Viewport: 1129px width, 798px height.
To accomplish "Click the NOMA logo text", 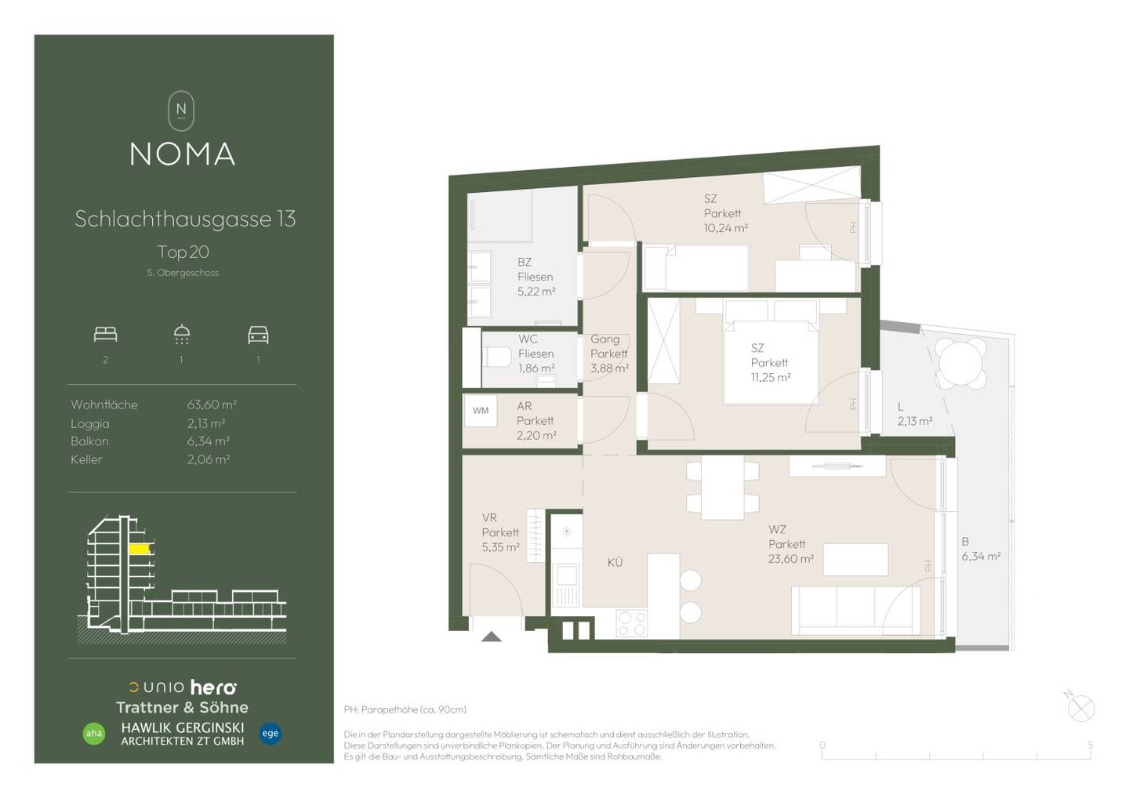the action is click(x=183, y=154).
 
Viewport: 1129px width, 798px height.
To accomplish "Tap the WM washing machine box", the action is click(x=481, y=411).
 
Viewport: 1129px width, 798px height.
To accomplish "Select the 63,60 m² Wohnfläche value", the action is click(x=212, y=404).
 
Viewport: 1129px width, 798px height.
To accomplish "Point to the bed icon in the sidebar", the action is click(x=105, y=335).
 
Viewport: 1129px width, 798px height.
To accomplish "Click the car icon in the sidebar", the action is click(x=258, y=335).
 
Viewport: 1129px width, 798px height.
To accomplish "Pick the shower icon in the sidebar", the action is click(x=181, y=335).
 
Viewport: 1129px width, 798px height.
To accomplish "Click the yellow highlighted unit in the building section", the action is click(x=140, y=549).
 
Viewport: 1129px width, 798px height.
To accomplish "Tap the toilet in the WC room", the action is click(x=496, y=357).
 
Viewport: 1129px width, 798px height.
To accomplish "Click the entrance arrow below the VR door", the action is click(x=491, y=637).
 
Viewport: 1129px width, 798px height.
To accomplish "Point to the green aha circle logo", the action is click(x=94, y=733).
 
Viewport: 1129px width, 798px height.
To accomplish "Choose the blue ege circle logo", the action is click(x=270, y=733).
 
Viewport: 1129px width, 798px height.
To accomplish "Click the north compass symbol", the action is click(x=1080, y=707).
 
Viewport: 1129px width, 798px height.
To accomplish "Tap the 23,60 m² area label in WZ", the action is click(x=791, y=559).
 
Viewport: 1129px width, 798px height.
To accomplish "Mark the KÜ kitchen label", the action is click(x=615, y=562).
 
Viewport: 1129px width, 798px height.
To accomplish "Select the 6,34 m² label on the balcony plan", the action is click(x=981, y=557).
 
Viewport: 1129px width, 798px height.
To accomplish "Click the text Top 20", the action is click(x=183, y=252).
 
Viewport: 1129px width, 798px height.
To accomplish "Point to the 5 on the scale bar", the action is click(x=1090, y=745).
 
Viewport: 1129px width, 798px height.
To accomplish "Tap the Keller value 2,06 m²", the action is click(x=209, y=459).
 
